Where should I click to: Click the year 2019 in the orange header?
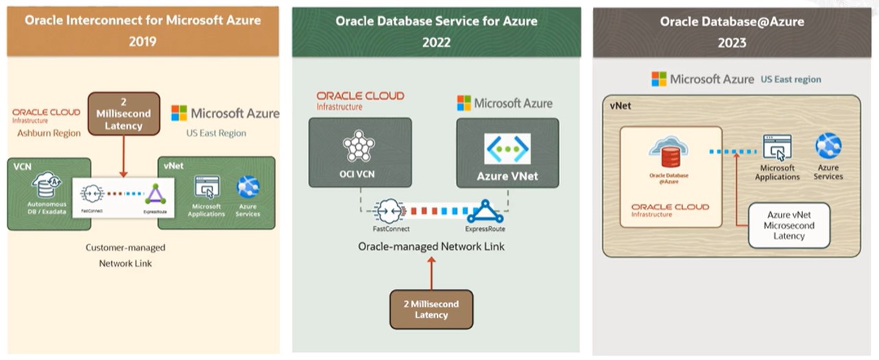tap(143, 42)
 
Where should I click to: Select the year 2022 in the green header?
tap(436, 43)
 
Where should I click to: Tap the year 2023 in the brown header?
tap(732, 43)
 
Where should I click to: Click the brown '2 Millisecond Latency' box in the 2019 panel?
tap(123, 114)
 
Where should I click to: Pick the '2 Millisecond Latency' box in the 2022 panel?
tap(431, 309)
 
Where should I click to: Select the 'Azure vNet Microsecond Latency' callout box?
tap(788, 226)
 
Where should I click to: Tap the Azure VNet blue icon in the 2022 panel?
tap(507, 149)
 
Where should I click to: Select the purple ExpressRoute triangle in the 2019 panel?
tap(155, 194)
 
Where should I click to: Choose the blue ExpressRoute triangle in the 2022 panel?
tap(485, 211)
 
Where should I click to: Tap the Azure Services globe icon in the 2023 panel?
tap(828, 147)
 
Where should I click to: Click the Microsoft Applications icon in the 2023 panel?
tap(777, 147)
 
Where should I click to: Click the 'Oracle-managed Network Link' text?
tap(431, 246)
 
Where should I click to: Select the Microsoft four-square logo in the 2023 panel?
tap(659, 79)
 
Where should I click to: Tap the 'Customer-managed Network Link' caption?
tap(125, 255)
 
